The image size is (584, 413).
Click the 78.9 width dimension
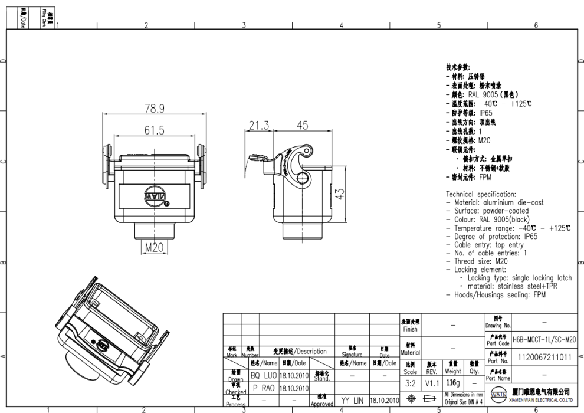click(x=155, y=109)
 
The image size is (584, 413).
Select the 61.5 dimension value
click(x=155, y=130)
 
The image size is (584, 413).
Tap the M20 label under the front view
click(x=154, y=248)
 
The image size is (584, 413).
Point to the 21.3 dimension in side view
click(x=258, y=125)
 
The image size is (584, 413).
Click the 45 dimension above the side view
click(x=302, y=125)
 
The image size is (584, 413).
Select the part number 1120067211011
click(x=544, y=358)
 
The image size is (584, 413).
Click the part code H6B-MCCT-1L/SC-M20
click(x=544, y=340)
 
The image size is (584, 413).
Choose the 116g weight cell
click(x=453, y=383)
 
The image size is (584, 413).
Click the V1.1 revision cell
click(x=432, y=383)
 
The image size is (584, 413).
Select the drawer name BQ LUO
click(x=263, y=375)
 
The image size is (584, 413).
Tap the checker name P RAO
click(x=263, y=389)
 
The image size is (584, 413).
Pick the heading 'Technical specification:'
click(x=481, y=194)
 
